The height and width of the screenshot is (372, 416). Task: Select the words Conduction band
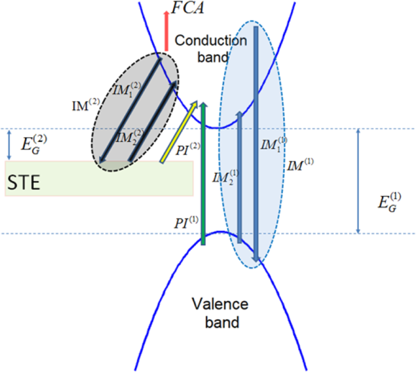click(x=210, y=49)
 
